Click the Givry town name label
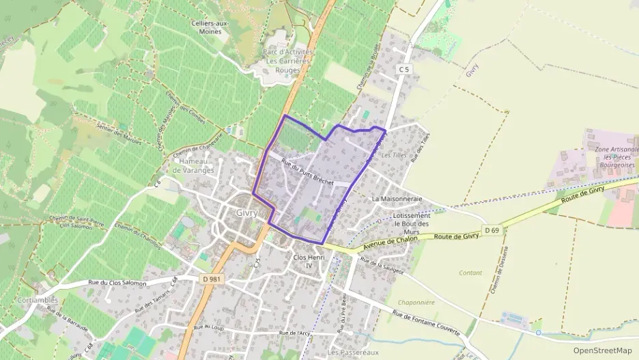[246, 212]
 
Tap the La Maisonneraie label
[397, 199]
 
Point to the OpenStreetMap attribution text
[603, 350]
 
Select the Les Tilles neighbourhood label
[394, 155]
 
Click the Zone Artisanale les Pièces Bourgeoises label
[615, 156]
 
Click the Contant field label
[470, 273]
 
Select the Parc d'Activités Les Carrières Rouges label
[288, 60]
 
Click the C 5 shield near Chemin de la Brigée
[405, 70]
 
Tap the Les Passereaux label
[352, 352]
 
